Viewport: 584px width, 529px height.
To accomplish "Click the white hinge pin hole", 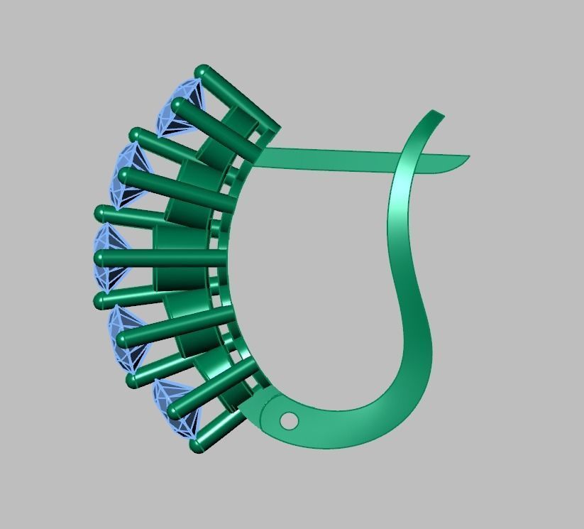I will coord(289,421).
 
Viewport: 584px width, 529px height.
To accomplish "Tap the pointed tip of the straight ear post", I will coord(466,158).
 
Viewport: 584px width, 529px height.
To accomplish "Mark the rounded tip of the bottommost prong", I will coord(198,446).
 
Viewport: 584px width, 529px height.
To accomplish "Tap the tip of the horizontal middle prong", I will coord(101,258).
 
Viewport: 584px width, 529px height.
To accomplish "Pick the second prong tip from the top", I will coord(177,106).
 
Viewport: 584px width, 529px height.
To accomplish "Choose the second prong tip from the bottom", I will coord(175,410).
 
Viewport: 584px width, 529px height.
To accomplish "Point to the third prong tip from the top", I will coord(137,135).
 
